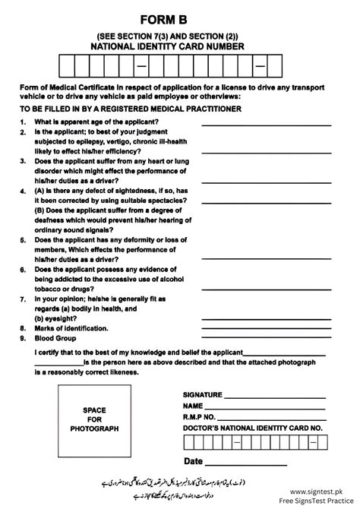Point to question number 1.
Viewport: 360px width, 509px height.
point(24,122)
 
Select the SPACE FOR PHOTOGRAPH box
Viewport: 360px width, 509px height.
point(95,419)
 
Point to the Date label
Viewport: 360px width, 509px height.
point(193,461)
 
